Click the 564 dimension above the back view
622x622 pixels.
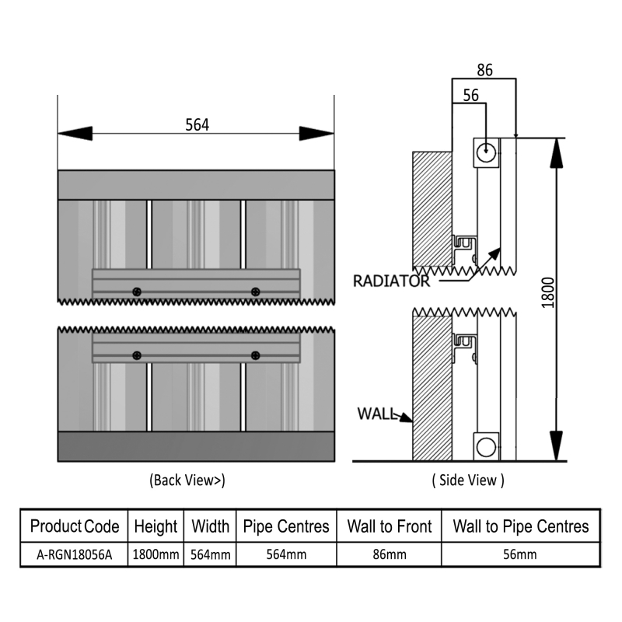(197, 124)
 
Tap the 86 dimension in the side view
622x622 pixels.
(484, 69)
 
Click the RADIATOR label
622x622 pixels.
(390, 281)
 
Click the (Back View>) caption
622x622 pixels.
(187, 480)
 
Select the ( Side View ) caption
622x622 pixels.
(468, 480)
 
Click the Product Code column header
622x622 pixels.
(75, 526)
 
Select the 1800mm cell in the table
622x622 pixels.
(155, 555)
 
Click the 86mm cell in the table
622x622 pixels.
(389, 555)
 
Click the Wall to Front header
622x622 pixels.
(389, 526)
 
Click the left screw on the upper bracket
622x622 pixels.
(137, 292)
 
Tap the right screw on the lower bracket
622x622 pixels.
(255, 355)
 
